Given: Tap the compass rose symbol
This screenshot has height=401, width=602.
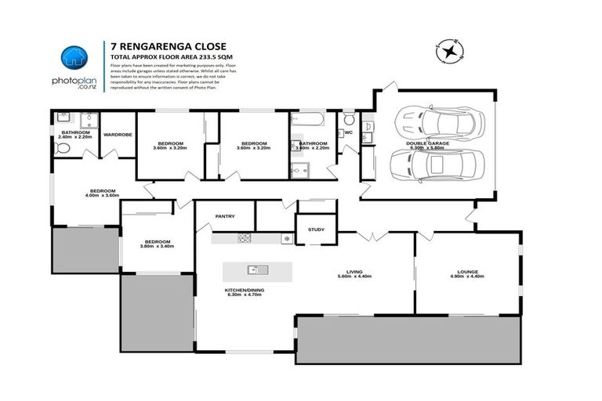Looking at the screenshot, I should coord(450,52).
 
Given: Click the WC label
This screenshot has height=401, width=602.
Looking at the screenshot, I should coord(350,132).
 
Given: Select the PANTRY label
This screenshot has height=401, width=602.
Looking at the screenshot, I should coord(225,217).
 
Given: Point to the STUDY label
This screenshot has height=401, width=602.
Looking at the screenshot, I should coord(316,229).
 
